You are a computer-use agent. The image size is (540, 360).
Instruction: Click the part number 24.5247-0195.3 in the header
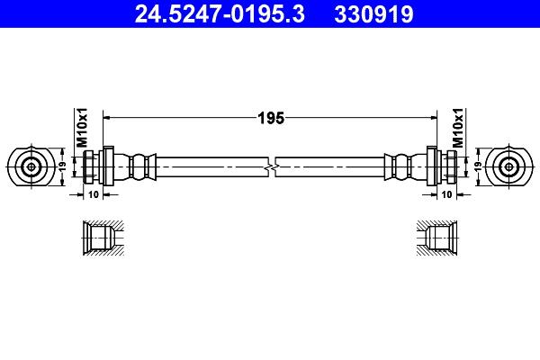pyautogui.click(x=220, y=14)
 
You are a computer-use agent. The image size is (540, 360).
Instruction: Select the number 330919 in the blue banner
pyautogui.click(x=373, y=14)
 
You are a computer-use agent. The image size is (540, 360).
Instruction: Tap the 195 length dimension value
pyautogui.click(x=271, y=118)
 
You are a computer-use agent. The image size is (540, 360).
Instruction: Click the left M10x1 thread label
pyautogui.click(x=82, y=128)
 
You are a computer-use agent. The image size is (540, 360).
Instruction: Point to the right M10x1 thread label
pyautogui.click(x=458, y=128)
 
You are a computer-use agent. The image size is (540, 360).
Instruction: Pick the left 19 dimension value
pyautogui.click(x=62, y=167)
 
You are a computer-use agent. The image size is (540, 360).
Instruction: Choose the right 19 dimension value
pyautogui.click(x=478, y=167)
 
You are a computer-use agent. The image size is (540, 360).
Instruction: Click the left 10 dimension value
pyautogui.click(x=94, y=194)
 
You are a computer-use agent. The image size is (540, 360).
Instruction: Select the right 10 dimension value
pyautogui.click(x=446, y=194)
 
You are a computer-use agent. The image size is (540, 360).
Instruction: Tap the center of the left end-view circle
pyautogui.click(x=31, y=167)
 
